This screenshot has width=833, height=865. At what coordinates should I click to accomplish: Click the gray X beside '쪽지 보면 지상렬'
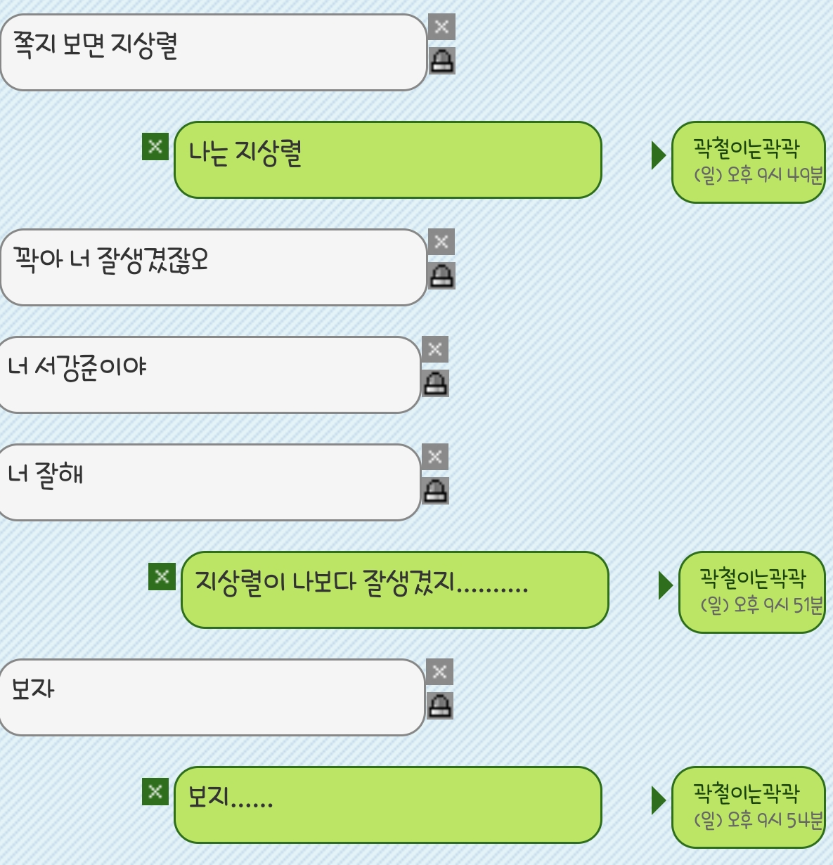tap(441, 27)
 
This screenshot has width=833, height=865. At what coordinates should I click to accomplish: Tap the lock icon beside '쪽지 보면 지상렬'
tap(441, 61)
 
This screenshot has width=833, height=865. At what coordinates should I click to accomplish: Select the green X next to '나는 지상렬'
tap(155, 147)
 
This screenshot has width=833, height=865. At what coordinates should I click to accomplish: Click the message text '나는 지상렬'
tap(245, 153)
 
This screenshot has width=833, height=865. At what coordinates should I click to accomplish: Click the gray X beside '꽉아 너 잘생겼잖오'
tap(441, 242)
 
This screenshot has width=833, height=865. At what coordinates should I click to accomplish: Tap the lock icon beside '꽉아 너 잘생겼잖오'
tap(441, 276)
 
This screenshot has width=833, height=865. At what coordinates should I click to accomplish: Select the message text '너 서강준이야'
tap(77, 367)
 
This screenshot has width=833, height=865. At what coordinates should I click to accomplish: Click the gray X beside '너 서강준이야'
tap(435, 349)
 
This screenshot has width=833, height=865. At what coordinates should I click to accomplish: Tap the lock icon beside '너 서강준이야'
tap(435, 384)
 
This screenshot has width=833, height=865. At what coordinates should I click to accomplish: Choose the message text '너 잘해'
tap(46, 474)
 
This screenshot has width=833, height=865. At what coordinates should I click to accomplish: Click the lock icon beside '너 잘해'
tap(435, 490)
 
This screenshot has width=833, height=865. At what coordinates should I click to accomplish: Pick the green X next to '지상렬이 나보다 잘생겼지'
tap(162, 577)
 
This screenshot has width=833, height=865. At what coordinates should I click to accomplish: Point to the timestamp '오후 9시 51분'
tap(762, 604)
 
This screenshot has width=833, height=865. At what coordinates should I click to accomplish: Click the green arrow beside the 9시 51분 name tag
tap(665, 585)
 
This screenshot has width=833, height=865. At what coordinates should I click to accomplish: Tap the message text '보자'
tap(33, 689)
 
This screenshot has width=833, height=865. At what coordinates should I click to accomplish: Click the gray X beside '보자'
tap(440, 672)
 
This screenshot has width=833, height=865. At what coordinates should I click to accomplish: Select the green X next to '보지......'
tap(155, 792)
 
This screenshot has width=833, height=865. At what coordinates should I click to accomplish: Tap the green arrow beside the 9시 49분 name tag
tap(658, 155)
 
